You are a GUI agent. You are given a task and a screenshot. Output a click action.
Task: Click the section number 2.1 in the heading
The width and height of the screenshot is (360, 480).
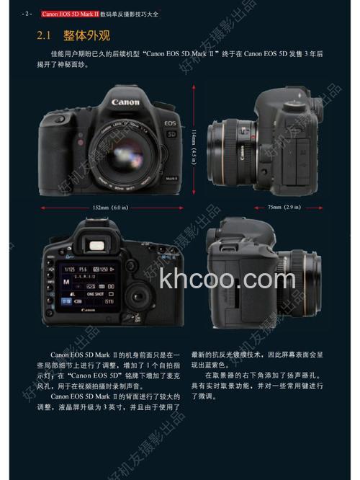click(45, 35)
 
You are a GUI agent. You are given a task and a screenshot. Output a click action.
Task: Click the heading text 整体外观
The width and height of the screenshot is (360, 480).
click(86, 35)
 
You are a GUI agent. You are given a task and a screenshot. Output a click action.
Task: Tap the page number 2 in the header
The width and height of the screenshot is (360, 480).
click(28, 13)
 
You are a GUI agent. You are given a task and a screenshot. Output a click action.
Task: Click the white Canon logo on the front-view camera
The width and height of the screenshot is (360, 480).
click(125, 102)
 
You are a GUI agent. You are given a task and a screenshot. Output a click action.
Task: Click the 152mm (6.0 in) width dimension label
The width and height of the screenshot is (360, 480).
click(109, 208)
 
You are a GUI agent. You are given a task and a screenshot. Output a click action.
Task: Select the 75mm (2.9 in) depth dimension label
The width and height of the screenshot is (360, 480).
click(284, 208)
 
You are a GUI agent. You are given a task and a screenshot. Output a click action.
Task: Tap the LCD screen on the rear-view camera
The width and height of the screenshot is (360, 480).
click(82, 286)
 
